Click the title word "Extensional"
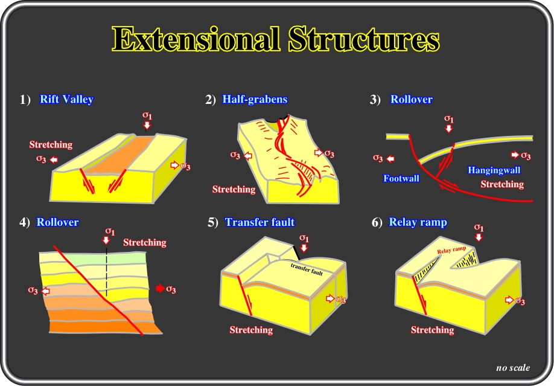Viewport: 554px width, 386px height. tap(196, 39)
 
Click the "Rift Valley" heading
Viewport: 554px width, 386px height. tap(66, 99)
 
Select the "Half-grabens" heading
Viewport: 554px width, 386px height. tap(255, 99)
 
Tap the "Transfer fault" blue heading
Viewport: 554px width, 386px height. tap(259, 222)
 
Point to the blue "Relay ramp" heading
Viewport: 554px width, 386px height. tap(418, 222)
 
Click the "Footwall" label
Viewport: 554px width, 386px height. tap(401, 178)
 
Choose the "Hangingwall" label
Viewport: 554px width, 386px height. tap(494, 170)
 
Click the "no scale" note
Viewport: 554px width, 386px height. tap(513, 368)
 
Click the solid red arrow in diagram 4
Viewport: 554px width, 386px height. tap(161, 288)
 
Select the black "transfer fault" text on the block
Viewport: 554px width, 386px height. tap(307, 269)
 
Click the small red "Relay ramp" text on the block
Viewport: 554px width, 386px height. tap(451, 250)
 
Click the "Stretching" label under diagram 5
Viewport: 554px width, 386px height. tap(251, 330)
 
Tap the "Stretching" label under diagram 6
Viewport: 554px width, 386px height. tap(433, 330)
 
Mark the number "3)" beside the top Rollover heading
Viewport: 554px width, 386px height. tap(375, 100)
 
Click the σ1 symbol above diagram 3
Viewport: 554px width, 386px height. tap(449, 118)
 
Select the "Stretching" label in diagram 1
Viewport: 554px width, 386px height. tap(51, 145)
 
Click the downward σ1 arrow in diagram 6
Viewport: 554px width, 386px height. tap(479, 237)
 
